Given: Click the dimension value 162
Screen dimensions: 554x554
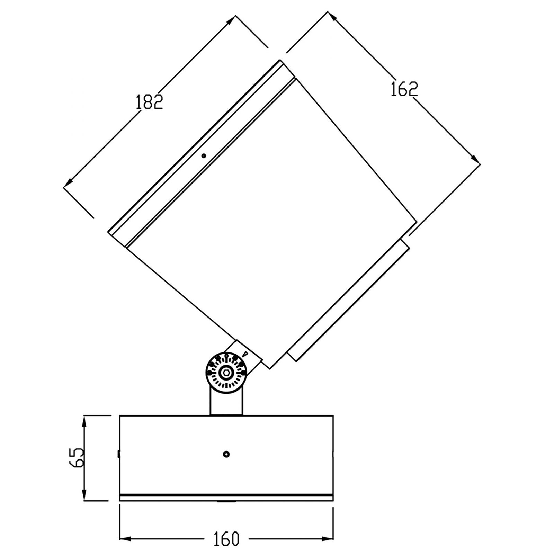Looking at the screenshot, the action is click(x=404, y=89).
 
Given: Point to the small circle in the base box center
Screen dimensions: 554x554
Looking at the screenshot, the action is click(x=226, y=454).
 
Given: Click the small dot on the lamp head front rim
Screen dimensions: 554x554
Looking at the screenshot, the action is click(x=204, y=156).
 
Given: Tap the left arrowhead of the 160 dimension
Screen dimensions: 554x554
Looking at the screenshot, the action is click(x=125, y=539).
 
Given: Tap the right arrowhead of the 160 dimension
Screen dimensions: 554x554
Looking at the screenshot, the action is click(x=328, y=539).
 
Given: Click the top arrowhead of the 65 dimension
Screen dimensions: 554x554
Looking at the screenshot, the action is click(x=84, y=421).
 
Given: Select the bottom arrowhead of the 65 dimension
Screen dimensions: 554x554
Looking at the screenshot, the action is click(x=84, y=494).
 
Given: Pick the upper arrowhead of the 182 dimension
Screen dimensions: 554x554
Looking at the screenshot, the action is click(x=230, y=21).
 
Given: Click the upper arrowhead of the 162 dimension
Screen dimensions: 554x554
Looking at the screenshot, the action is click(x=333, y=17).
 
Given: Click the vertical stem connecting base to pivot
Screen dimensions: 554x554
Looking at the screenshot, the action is click(x=226, y=402).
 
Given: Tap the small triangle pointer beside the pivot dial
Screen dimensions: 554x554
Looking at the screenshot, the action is click(x=245, y=354).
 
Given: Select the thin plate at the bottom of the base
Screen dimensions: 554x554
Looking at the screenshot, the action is click(x=226, y=498).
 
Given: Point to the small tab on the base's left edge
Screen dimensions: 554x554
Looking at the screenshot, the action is click(x=118, y=454).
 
